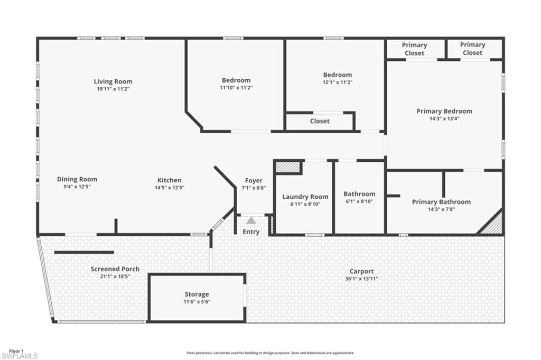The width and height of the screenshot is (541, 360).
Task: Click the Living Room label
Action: [x=113, y=81]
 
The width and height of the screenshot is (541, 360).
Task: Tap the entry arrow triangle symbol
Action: [x=251, y=220]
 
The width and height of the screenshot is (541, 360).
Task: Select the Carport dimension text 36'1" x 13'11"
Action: [x=361, y=279]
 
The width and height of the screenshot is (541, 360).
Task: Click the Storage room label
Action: [x=197, y=294]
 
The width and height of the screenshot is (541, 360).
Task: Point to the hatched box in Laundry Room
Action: [x=288, y=168]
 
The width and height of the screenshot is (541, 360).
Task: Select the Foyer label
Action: [x=254, y=181]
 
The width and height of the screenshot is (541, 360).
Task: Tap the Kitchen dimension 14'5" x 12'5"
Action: [x=170, y=188]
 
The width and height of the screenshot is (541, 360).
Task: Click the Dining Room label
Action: [x=77, y=179]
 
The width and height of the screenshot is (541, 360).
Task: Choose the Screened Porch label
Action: [x=115, y=269]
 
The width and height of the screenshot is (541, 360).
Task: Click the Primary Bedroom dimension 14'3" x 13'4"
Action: [x=444, y=118]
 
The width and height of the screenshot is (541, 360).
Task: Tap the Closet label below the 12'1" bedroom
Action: [x=320, y=121]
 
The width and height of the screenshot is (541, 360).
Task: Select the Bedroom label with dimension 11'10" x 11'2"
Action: [x=236, y=80]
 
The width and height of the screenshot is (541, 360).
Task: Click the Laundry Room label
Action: [x=305, y=197]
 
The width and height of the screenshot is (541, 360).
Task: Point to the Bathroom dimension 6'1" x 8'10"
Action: [x=359, y=201]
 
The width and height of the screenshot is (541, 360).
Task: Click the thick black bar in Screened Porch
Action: [x=84, y=252]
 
